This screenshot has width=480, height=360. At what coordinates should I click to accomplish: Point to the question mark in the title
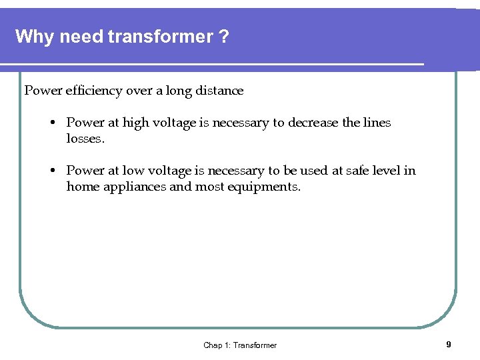point(224,36)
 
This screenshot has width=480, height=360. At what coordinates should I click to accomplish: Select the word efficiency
point(92,91)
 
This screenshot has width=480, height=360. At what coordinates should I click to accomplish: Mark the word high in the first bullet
point(134,123)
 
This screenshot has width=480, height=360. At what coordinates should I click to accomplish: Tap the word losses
point(85,139)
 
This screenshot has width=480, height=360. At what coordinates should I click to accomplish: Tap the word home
point(82,187)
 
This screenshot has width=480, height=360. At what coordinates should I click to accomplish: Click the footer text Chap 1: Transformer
point(240,345)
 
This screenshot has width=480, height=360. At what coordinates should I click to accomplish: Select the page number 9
point(449,345)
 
